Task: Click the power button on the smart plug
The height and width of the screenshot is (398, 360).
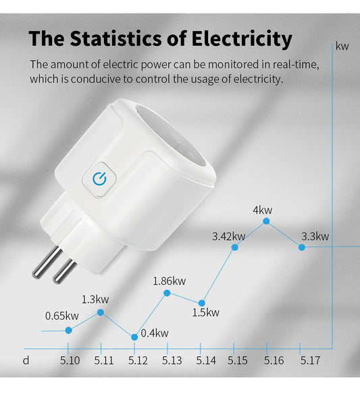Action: pyautogui.click(x=100, y=178)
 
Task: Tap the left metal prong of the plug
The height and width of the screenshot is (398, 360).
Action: pyautogui.click(x=44, y=262)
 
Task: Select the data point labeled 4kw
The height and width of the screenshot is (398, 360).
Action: pyautogui.click(x=267, y=221)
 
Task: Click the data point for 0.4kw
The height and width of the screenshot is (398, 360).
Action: pyautogui.click(x=134, y=336)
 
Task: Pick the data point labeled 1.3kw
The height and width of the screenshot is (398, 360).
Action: pyautogui.click(x=101, y=312)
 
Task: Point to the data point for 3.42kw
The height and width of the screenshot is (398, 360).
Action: pyautogui.click(x=235, y=248)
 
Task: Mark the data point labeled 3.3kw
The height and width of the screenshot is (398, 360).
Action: pyautogui.click(x=301, y=248)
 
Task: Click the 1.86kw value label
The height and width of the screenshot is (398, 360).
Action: pyautogui.click(x=170, y=281)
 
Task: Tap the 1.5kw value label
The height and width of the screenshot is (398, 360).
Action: pyautogui.click(x=206, y=312)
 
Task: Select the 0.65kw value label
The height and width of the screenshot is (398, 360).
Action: pyautogui.click(x=61, y=316)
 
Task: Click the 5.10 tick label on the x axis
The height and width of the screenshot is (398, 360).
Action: pyautogui.click(x=70, y=361)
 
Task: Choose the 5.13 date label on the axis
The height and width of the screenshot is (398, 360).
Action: pyautogui.click(x=172, y=361)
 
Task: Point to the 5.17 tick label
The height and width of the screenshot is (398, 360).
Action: pyautogui.click(x=309, y=361)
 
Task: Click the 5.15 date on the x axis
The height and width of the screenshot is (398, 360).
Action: pyautogui.click(x=238, y=361)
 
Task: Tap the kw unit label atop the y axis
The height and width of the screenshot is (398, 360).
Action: pyautogui.click(x=342, y=47)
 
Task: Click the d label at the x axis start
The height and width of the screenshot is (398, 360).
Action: pyautogui.click(x=26, y=361)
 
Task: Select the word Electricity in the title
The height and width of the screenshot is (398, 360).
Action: pyautogui.click(x=240, y=38)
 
